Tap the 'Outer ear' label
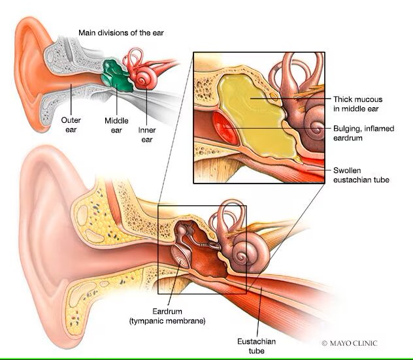point(71,124)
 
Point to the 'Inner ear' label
point(146,129)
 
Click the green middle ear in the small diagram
point(116,73)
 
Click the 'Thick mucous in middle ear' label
point(356,103)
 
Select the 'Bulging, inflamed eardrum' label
point(363,133)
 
